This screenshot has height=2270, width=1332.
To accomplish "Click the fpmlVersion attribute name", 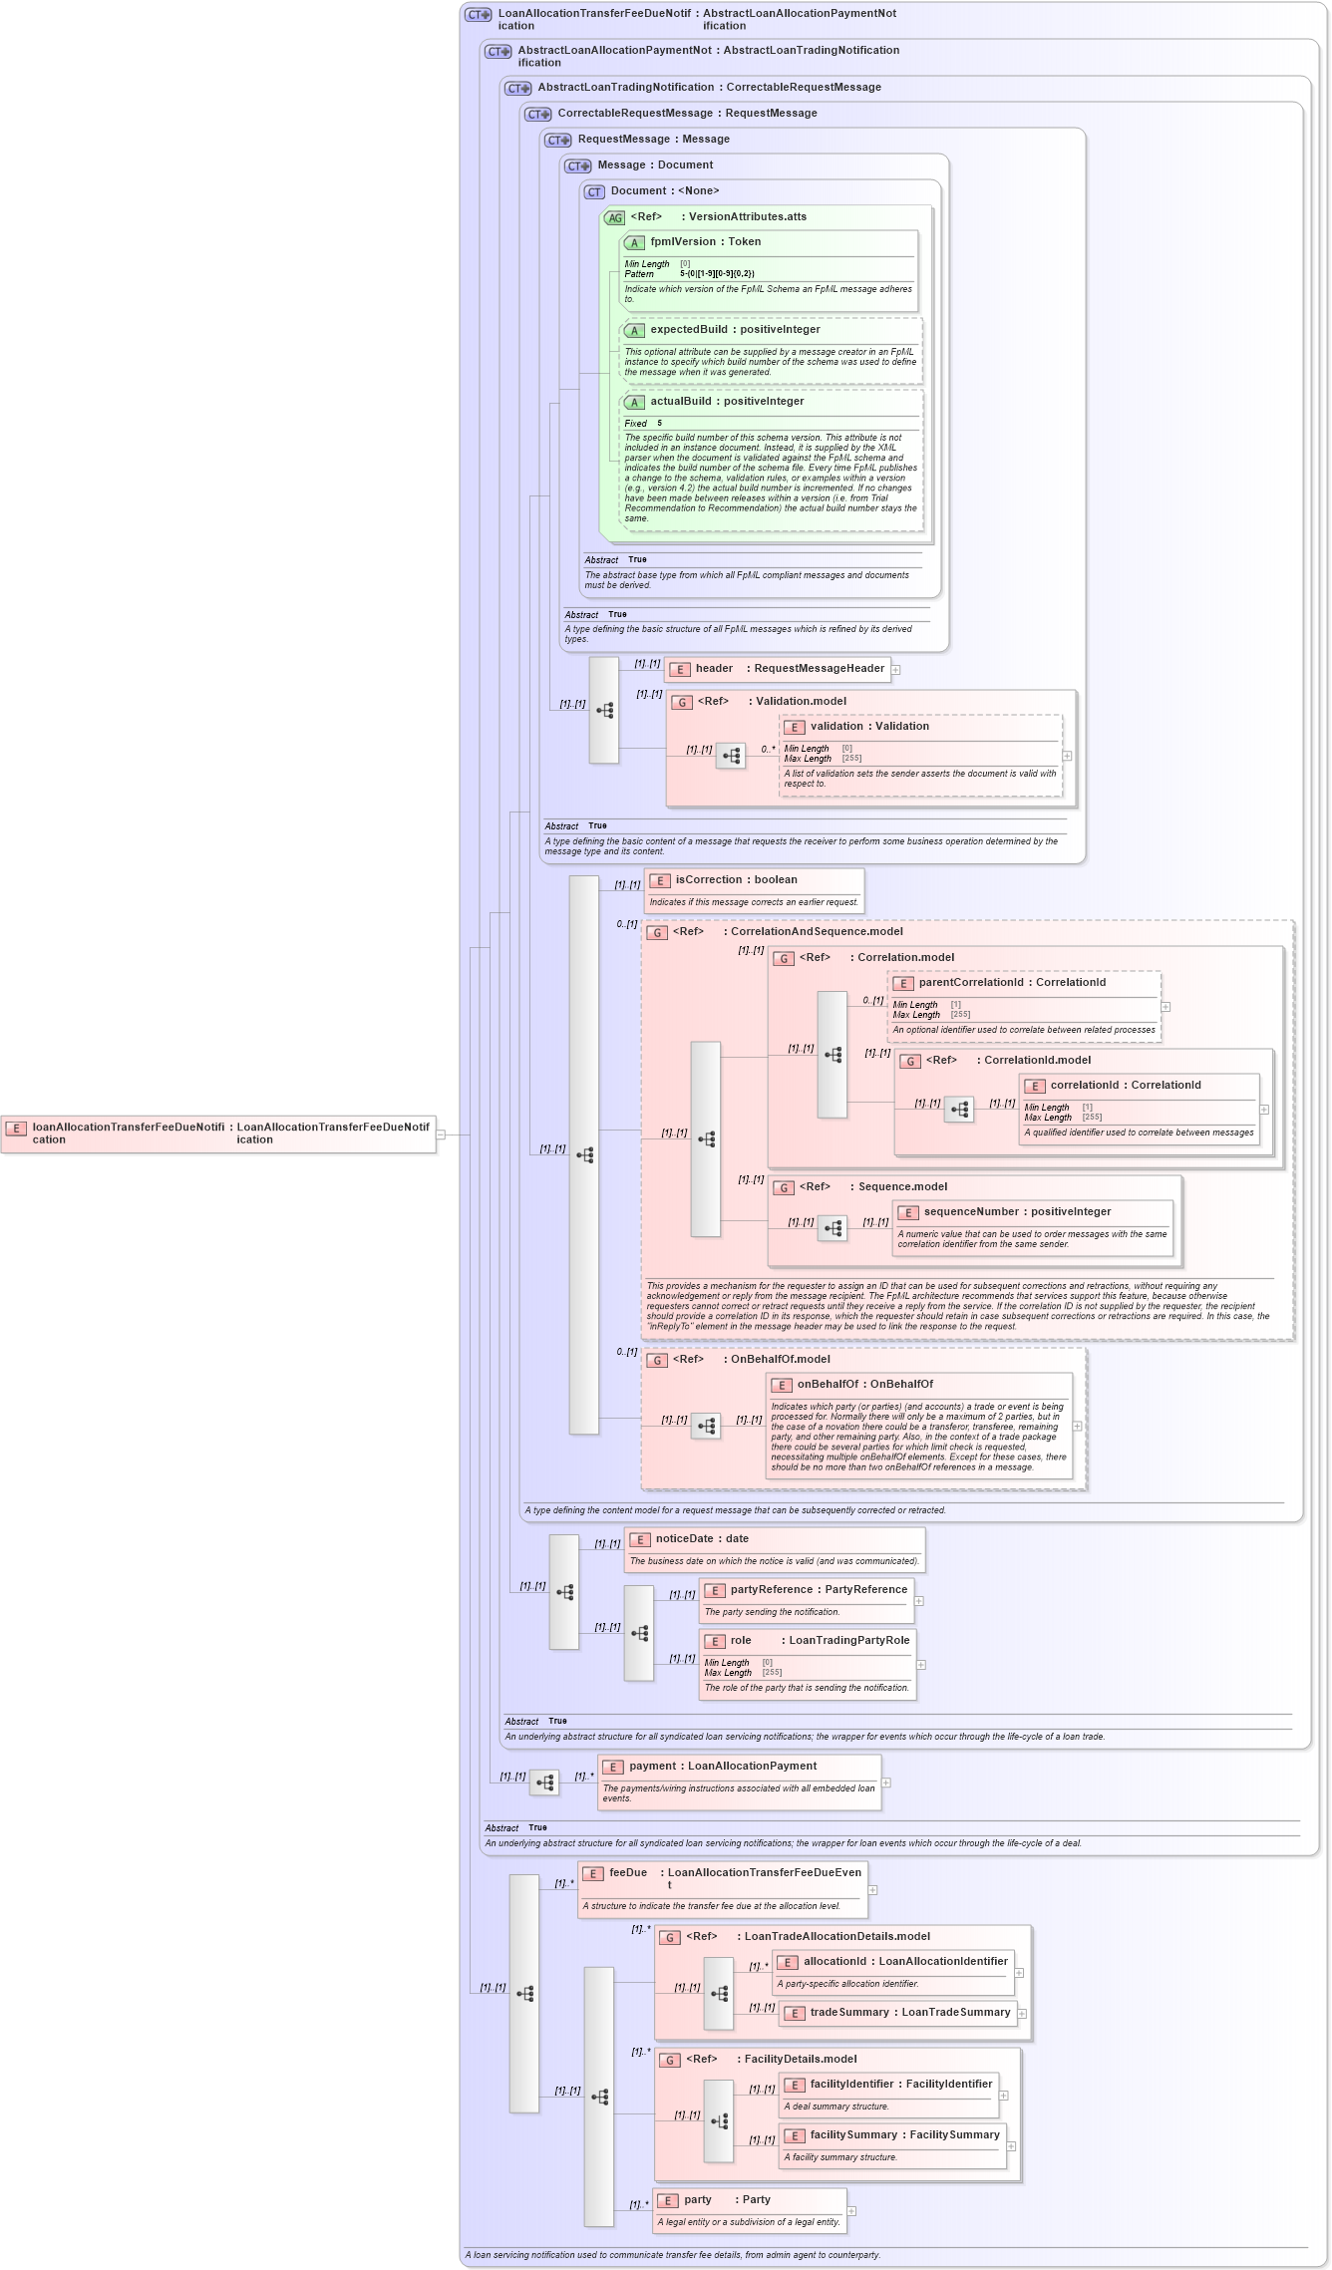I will pos(683,242).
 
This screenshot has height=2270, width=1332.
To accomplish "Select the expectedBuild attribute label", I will pos(689,330).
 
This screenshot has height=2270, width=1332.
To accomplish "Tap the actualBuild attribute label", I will pos(681,402).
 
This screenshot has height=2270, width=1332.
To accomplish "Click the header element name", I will pos(714,669).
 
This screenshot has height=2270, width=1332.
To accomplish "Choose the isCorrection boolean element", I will pos(736,880).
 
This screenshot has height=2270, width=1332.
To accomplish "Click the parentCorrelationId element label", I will pos(970,983).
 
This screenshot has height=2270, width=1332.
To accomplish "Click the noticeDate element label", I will pos(684,1539).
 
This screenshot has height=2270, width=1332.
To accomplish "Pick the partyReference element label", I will pos(771,1590).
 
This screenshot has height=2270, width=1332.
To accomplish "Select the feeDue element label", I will pos(628,1873).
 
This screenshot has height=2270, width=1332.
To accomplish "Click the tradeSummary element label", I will pos(848,2013).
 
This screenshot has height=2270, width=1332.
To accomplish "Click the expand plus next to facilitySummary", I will pos(1011,2146).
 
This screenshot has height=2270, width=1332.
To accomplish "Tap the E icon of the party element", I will pos(668,2201).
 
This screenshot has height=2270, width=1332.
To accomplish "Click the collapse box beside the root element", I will pos(441,1135).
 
